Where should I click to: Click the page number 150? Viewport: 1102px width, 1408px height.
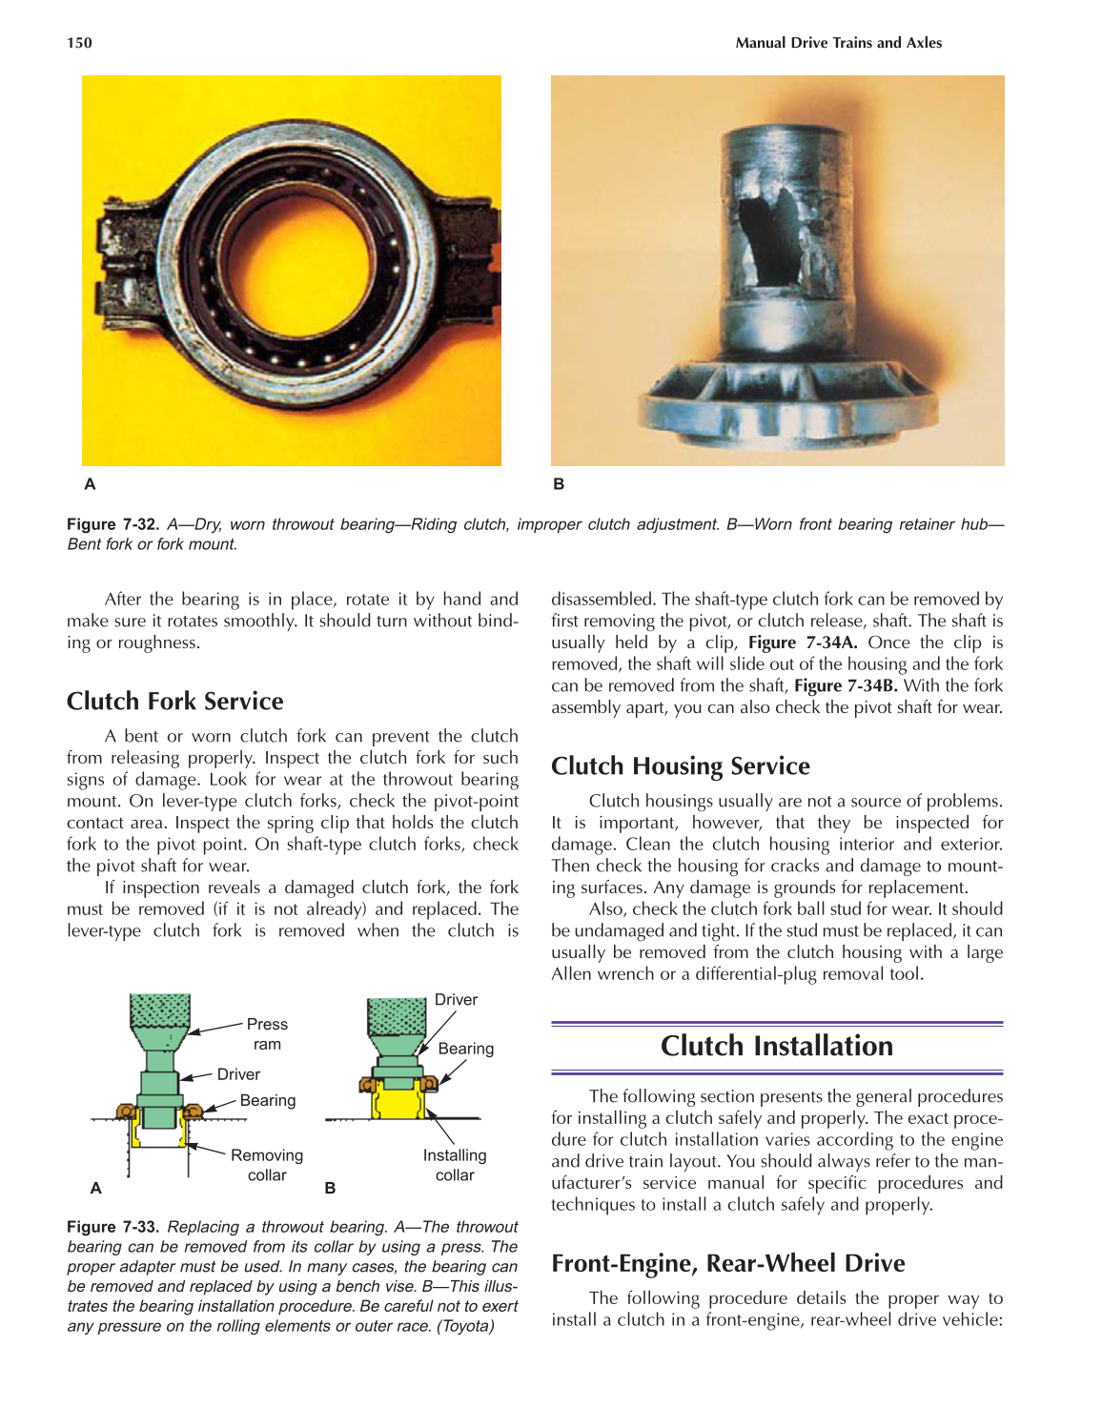pyautogui.click(x=79, y=43)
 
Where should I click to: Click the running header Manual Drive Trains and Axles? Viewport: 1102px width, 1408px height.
pyautogui.click(x=838, y=43)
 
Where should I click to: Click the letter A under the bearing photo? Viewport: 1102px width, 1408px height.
pyautogui.click(x=90, y=484)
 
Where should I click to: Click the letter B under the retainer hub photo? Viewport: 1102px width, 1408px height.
pyautogui.click(x=559, y=484)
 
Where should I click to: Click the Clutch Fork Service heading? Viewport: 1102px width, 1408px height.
pyautogui.click(x=174, y=702)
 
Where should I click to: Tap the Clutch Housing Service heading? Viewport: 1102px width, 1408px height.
pyautogui.click(x=680, y=766)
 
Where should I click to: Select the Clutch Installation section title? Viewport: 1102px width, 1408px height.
pyautogui.click(x=777, y=1046)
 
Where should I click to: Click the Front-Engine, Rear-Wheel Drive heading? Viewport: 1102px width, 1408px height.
pyautogui.click(x=727, y=1263)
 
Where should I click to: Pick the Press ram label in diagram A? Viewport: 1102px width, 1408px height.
pyautogui.click(x=267, y=1034)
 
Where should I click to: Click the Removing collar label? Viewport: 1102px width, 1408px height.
pyautogui.click(x=266, y=1165)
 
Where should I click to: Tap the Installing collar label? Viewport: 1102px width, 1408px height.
pyautogui.click(x=455, y=1165)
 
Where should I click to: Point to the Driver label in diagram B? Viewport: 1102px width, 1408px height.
pyautogui.click(x=456, y=1000)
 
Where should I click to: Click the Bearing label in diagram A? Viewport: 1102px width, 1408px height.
pyautogui.click(x=268, y=1100)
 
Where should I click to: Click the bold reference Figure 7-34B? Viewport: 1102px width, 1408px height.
pyautogui.click(x=846, y=685)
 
